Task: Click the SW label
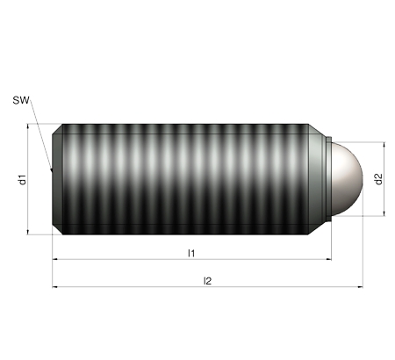(x=21, y=100)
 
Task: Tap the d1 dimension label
(x=22, y=179)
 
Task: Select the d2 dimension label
(x=378, y=179)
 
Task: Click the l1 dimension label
(x=191, y=253)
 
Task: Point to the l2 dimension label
(x=207, y=281)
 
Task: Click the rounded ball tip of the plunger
(x=347, y=179)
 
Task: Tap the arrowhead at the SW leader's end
(x=52, y=169)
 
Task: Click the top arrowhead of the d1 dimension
(x=28, y=126)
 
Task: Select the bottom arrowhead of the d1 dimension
(x=28, y=232)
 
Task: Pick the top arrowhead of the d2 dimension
(x=384, y=145)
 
